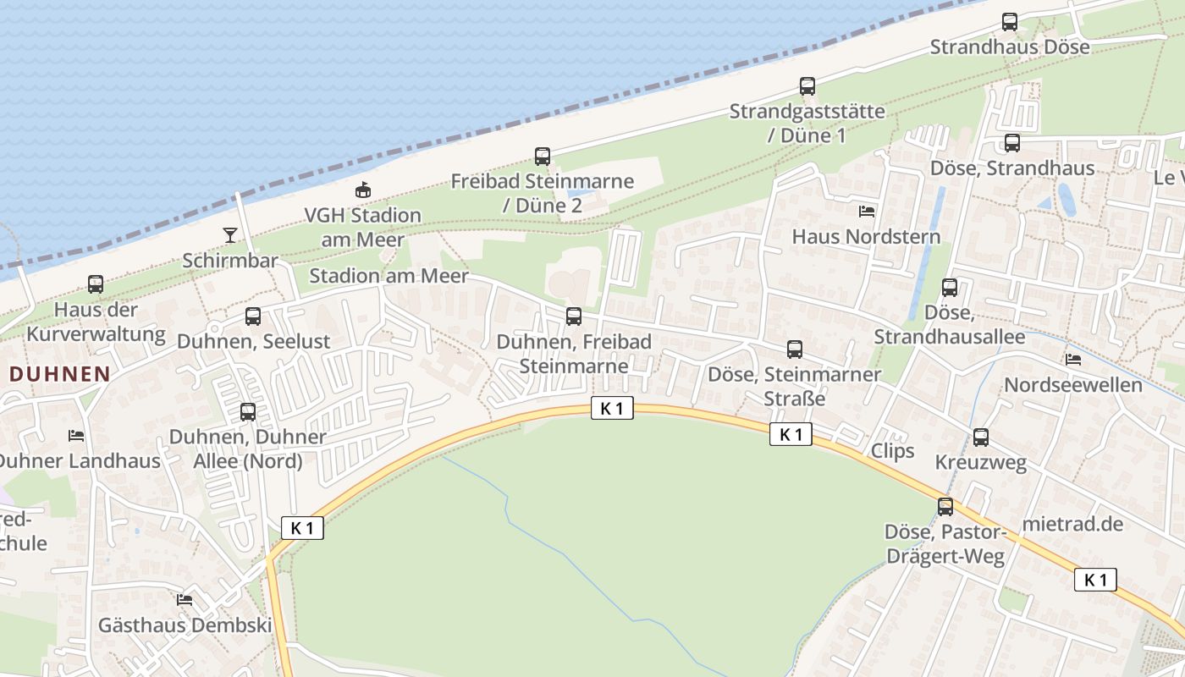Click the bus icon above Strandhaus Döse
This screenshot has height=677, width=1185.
coord(1009,22)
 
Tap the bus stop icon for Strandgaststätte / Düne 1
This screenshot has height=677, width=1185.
coord(807,86)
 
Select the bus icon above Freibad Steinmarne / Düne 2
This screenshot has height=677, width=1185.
coord(543,157)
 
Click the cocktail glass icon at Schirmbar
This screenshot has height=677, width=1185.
coord(230,234)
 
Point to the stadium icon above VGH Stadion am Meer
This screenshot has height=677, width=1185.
coord(363,190)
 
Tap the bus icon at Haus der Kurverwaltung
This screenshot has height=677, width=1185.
coord(96,284)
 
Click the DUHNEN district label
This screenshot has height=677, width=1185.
coord(60,373)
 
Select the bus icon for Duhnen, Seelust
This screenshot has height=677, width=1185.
coord(253,316)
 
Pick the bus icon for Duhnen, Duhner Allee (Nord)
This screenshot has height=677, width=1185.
coord(248,412)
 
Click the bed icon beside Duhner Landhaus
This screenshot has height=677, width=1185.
coord(76,436)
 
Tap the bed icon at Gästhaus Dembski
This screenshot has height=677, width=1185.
coord(185,600)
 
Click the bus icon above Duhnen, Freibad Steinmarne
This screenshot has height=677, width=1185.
coord(574,316)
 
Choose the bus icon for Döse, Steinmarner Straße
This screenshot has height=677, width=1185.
coord(795,350)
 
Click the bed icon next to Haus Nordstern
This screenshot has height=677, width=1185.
coord(867,211)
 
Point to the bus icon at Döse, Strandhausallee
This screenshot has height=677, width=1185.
coord(950,288)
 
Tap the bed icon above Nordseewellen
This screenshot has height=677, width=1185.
coord(1073,360)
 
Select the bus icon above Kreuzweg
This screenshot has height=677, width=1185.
coord(981,438)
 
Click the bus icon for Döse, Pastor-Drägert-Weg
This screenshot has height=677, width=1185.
coord(945,507)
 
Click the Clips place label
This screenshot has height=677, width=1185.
coord(893,450)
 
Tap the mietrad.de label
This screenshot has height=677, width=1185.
coord(1072,524)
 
